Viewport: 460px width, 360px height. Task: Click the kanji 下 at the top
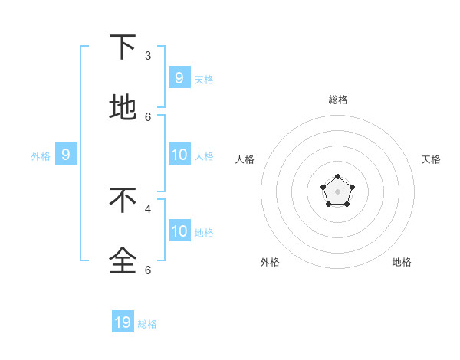[123, 48]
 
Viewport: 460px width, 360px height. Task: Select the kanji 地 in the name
[123, 108]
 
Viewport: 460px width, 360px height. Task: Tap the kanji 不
[123, 200]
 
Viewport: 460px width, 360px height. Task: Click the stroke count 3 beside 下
[148, 56]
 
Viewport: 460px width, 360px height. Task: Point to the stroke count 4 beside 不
[148, 208]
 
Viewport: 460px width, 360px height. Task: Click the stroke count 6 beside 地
[148, 116]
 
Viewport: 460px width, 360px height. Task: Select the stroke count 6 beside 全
[148, 270]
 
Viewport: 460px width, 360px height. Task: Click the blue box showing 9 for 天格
[179, 77]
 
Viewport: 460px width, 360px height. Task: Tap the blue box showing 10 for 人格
[179, 155]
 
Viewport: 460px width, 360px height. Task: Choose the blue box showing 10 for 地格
[179, 231]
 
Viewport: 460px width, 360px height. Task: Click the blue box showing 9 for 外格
[66, 155]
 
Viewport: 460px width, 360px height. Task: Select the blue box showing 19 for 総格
[123, 322]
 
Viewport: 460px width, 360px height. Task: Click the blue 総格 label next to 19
[147, 324]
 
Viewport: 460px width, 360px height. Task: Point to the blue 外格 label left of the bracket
[41, 156]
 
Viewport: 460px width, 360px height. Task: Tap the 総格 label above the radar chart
[337, 100]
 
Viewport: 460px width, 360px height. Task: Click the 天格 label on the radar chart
[431, 159]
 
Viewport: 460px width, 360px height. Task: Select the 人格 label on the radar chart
[245, 159]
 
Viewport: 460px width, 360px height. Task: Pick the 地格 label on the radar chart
[402, 262]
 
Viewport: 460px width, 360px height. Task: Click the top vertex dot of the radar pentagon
[337, 177]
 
